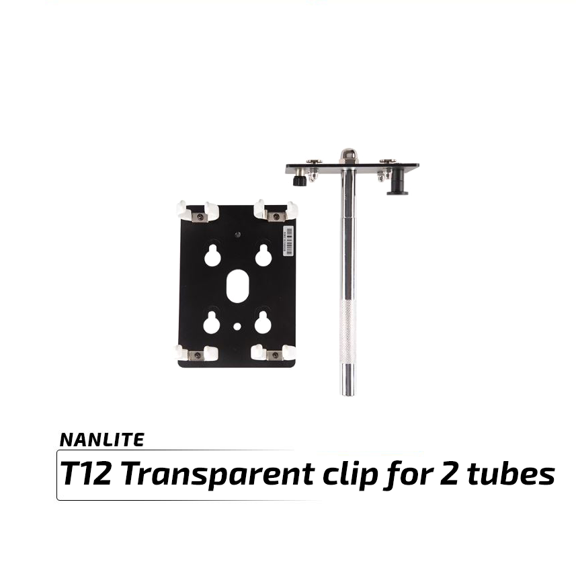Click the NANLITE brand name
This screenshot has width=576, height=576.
[101, 440]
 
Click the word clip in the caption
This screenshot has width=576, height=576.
[350, 474]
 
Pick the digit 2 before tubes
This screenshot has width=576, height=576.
[449, 473]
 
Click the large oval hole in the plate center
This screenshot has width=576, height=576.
[238, 286]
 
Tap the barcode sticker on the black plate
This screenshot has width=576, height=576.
[289, 241]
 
